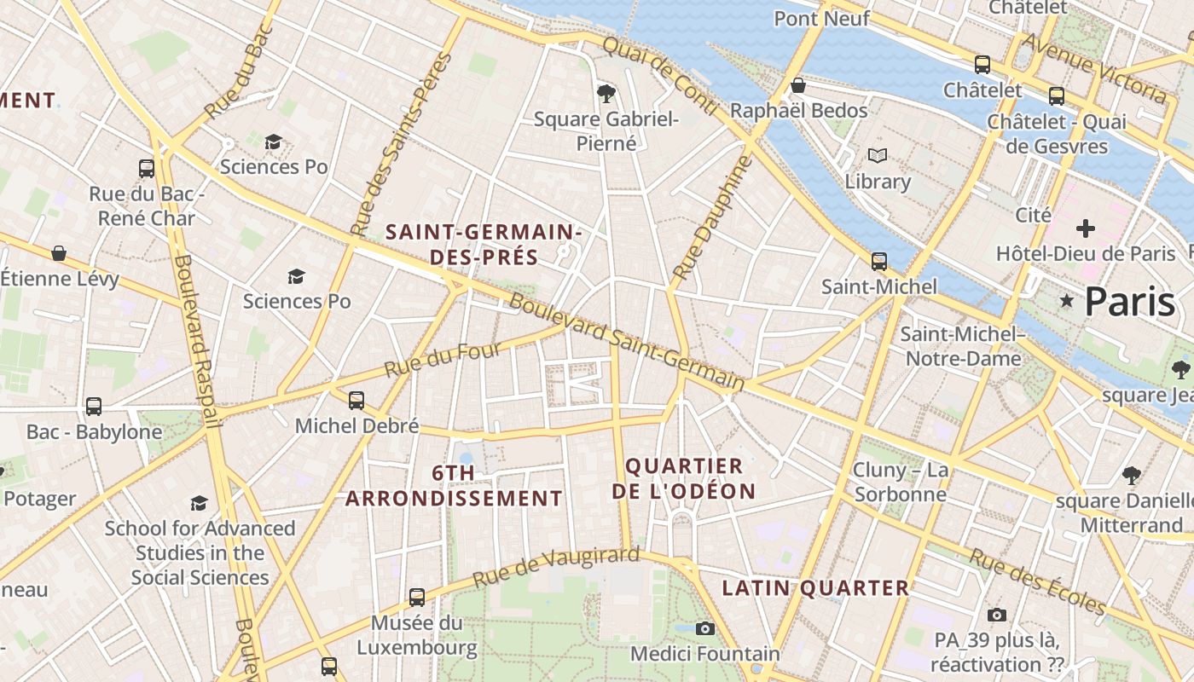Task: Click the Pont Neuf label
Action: tap(821, 18)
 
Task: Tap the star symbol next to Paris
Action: tap(1066, 300)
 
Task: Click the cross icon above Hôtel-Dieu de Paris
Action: tap(1085, 228)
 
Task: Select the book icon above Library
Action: tap(878, 156)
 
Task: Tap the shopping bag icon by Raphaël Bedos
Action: tap(798, 85)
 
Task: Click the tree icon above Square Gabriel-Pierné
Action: tap(606, 92)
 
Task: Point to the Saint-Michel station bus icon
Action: tap(878, 262)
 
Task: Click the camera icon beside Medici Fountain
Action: tap(704, 629)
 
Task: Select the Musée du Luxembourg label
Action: tap(417, 635)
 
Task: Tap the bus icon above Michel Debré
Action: tap(356, 400)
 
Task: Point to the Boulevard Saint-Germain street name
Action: tap(627, 343)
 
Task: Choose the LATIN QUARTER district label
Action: tap(815, 587)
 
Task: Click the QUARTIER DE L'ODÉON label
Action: tap(684, 478)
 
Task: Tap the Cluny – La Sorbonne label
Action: tap(900, 482)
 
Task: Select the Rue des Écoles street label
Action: tap(1037, 581)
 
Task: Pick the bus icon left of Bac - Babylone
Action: tap(94, 407)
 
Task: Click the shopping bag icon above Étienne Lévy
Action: tap(59, 253)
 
